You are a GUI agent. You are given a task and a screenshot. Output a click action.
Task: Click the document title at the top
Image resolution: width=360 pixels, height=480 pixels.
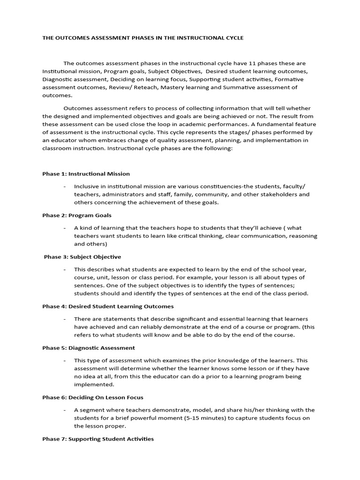pos(143,38)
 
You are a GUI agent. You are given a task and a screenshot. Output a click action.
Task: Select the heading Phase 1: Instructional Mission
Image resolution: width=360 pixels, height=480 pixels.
pos(86,174)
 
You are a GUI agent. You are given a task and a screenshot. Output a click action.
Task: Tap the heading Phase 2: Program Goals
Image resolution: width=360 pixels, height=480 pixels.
pos(77,215)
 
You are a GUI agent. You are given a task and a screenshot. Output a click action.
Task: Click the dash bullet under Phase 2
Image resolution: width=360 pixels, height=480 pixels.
pos(64,227)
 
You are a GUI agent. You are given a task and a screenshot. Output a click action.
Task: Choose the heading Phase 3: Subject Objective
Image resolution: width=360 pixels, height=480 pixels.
pos(82,257)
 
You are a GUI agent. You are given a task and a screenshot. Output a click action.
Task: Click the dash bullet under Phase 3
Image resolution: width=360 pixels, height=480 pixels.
pos(64,270)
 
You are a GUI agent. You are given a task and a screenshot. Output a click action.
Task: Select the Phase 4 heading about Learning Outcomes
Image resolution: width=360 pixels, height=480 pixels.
pos(108,306)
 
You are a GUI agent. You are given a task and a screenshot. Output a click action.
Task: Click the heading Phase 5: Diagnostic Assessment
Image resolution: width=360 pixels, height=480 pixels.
pos(89,348)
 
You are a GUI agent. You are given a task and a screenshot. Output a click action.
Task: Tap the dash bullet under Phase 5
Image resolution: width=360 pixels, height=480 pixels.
pos(64,360)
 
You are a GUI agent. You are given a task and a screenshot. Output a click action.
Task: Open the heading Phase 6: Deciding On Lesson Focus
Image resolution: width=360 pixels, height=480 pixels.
pos(93,397)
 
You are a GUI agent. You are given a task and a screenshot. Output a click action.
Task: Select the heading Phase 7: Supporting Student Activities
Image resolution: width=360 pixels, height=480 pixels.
pos(98,439)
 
